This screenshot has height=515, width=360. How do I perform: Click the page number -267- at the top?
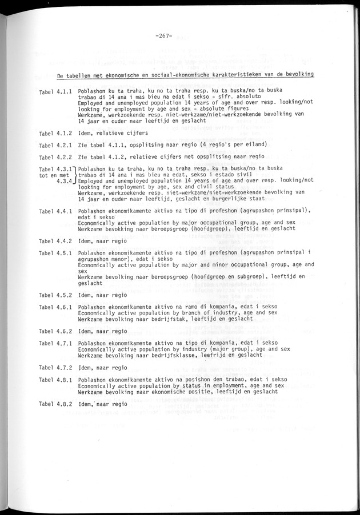coord(163,39)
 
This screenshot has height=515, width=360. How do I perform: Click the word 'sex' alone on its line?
coord(83,271)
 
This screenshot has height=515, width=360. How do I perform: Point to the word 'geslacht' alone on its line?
coord(90,283)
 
